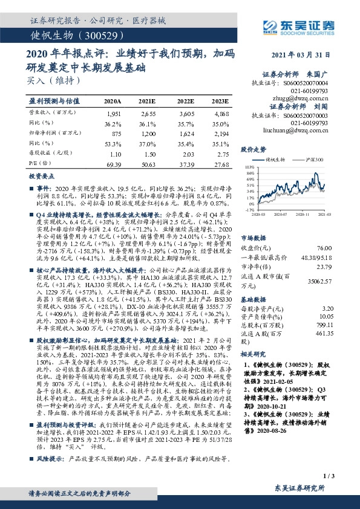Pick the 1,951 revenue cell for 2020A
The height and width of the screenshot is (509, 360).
113,113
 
